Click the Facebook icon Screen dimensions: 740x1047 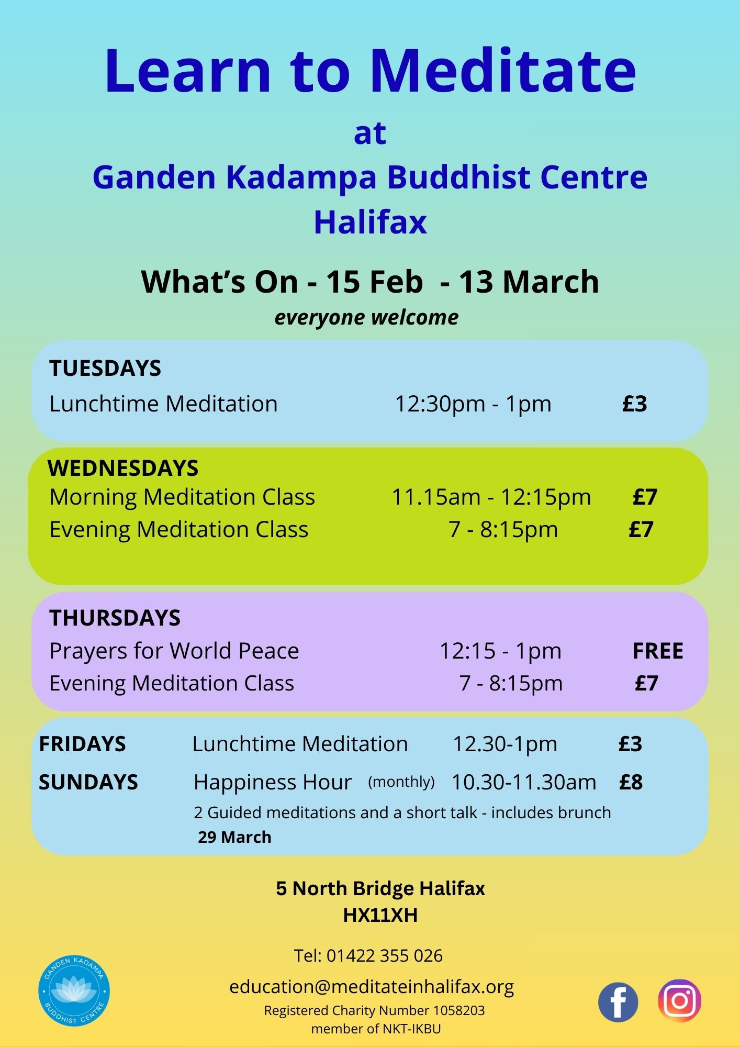click(618, 1002)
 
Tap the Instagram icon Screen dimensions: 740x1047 click(679, 1000)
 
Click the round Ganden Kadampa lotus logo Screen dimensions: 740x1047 click(74, 990)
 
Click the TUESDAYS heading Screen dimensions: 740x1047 click(105, 368)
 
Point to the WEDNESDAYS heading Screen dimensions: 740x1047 click(123, 468)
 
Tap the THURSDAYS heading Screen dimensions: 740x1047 click(115, 618)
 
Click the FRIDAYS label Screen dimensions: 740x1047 click(83, 744)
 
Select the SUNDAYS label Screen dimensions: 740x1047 click(88, 782)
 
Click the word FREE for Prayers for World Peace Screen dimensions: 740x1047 click(658, 651)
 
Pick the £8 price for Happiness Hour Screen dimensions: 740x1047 click(631, 782)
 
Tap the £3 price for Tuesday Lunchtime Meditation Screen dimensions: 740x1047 click(635, 404)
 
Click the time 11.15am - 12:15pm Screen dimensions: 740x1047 click(491, 497)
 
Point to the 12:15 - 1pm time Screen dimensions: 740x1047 click(500, 651)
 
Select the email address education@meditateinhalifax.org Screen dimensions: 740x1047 click(372, 987)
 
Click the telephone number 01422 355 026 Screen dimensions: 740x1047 click(385, 956)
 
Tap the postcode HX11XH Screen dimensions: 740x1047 click(380, 915)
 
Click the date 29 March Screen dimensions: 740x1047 click(234, 837)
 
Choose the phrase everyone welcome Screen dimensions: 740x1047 click(367, 318)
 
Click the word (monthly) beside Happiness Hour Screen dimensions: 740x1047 click(401, 782)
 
